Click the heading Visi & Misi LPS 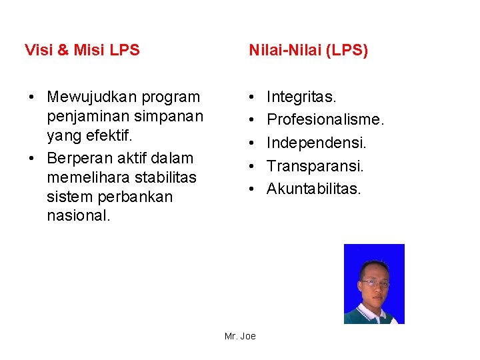click(82, 50)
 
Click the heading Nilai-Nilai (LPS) click(308, 50)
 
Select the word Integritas click(301, 97)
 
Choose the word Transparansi click(315, 166)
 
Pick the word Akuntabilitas click(314, 189)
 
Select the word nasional click(79, 217)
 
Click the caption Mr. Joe click(240, 336)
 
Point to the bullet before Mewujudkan click(31, 98)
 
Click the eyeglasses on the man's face click(376, 283)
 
